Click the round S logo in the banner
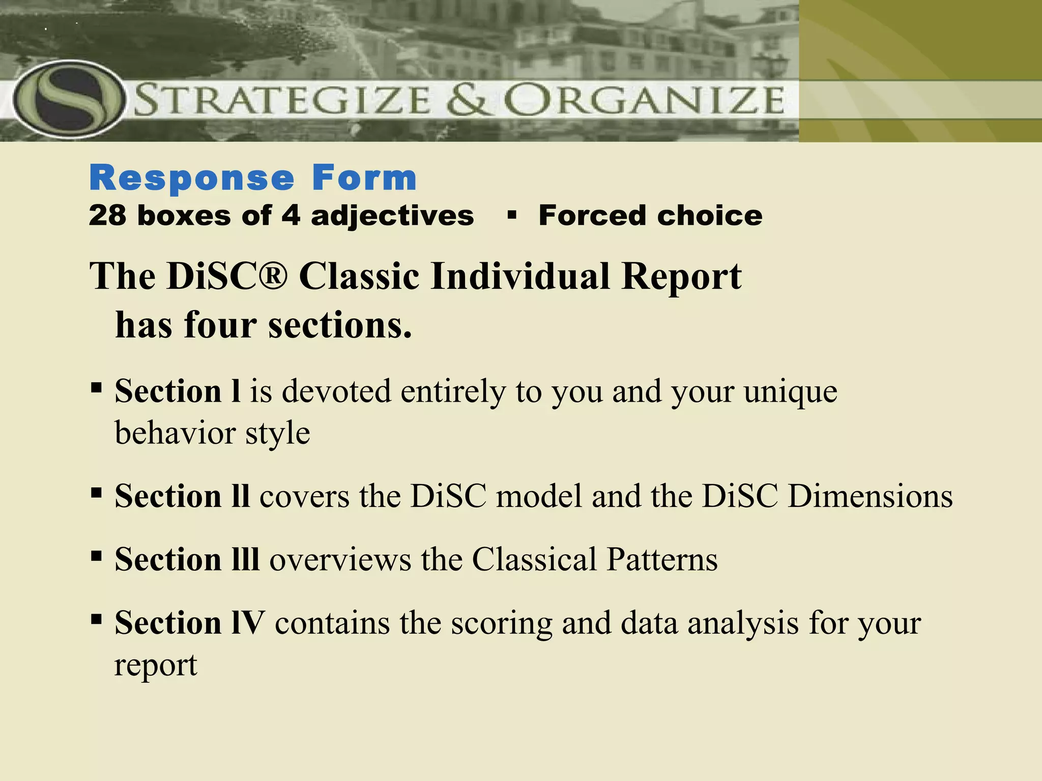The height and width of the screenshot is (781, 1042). [x=69, y=99]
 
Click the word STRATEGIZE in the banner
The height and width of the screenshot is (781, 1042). [x=283, y=100]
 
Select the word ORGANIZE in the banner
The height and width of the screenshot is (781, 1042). [x=644, y=100]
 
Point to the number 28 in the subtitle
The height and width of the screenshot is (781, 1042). [x=107, y=216]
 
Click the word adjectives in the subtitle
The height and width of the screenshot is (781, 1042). [x=392, y=216]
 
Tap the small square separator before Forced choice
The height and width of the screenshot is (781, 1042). [x=512, y=216]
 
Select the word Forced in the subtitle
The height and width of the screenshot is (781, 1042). [x=593, y=216]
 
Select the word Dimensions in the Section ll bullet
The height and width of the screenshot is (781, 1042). [x=870, y=496]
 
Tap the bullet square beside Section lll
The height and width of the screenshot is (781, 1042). [x=96, y=556]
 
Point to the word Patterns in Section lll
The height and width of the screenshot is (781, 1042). [x=662, y=559]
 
